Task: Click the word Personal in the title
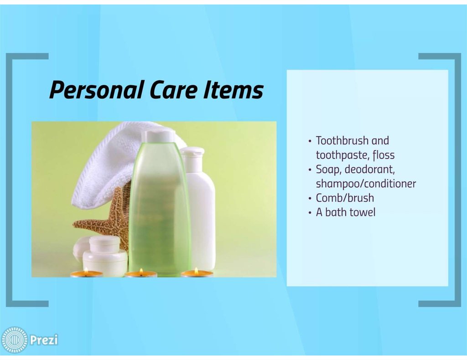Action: pyautogui.click(x=97, y=90)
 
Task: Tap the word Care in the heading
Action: pyautogui.click(x=174, y=90)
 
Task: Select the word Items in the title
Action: pyautogui.click(x=233, y=90)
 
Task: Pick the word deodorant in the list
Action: pyautogui.click(x=369, y=169)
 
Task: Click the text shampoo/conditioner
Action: pyautogui.click(x=366, y=184)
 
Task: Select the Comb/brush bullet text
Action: pyautogui.click(x=345, y=198)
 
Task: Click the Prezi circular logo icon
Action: pyautogui.click(x=14, y=340)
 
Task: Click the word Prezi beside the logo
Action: pyautogui.click(x=44, y=340)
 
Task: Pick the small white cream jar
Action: pyautogui.click(x=105, y=255)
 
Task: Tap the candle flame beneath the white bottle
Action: pyautogui.click(x=196, y=271)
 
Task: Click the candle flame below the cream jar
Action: pyautogui.click(x=86, y=270)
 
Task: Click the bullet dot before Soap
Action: pyautogui.click(x=310, y=170)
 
